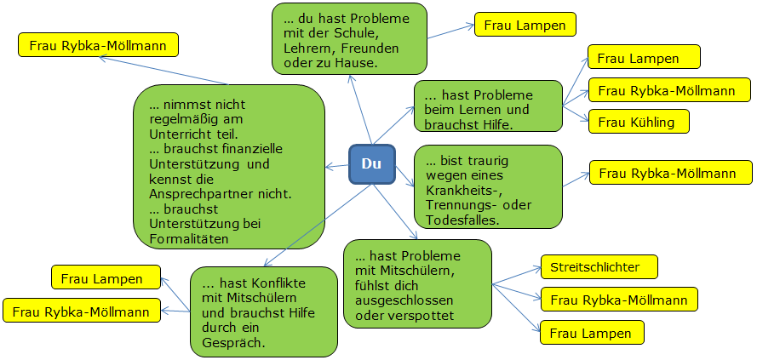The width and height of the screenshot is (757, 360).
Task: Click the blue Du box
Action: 372,164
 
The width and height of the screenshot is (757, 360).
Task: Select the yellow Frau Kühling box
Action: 639,122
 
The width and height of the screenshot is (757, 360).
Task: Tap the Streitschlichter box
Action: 599,267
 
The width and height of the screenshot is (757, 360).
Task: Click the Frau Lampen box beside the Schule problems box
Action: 525,25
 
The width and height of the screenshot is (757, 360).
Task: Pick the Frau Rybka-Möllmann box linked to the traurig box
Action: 671,173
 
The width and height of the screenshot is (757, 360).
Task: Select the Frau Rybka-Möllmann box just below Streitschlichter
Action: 619,300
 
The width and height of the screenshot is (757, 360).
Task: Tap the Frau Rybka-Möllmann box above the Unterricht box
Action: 98,45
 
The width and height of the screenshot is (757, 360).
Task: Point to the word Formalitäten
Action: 189,238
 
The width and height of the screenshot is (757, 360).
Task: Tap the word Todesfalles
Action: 462,220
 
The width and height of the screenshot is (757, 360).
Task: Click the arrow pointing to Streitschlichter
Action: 517,276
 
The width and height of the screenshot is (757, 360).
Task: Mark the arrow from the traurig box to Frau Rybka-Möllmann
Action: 576,180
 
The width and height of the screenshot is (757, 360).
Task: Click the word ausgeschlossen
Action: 404,300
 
